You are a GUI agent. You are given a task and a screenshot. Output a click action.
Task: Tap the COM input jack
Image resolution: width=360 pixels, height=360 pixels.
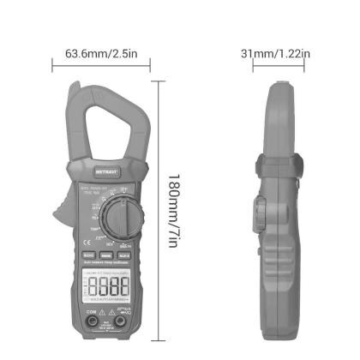tap(93, 323)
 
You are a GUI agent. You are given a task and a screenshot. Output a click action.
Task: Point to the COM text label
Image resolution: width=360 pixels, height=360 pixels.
tap(93, 312)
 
